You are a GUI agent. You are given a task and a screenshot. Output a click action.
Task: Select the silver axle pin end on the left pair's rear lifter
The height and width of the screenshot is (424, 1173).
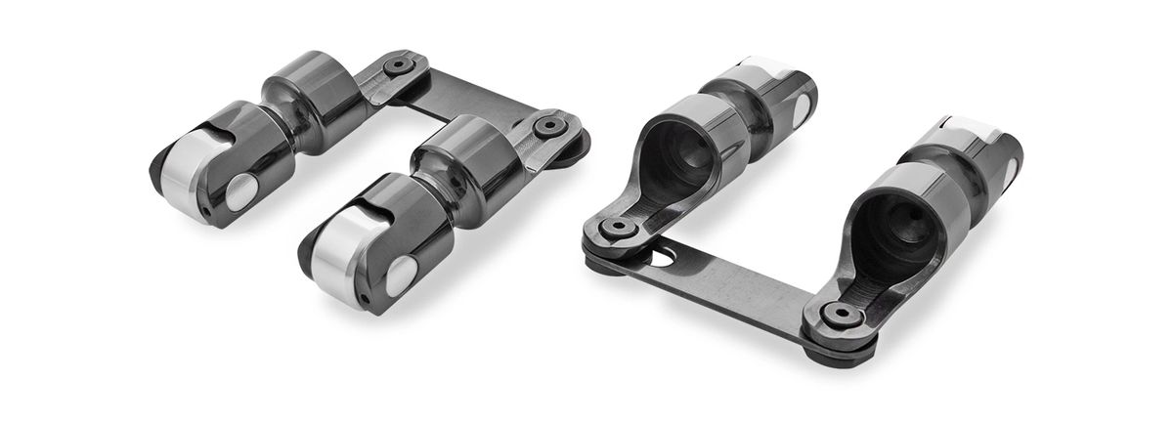(x=240, y=191)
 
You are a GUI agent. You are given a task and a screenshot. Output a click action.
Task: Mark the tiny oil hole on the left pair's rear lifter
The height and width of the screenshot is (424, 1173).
(x=207, y=210)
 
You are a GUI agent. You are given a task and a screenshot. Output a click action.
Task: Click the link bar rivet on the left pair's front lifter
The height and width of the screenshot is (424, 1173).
(x=544, y=128)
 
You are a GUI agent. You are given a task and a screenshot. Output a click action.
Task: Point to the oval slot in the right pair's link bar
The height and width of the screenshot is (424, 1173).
(x=666, y=260)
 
